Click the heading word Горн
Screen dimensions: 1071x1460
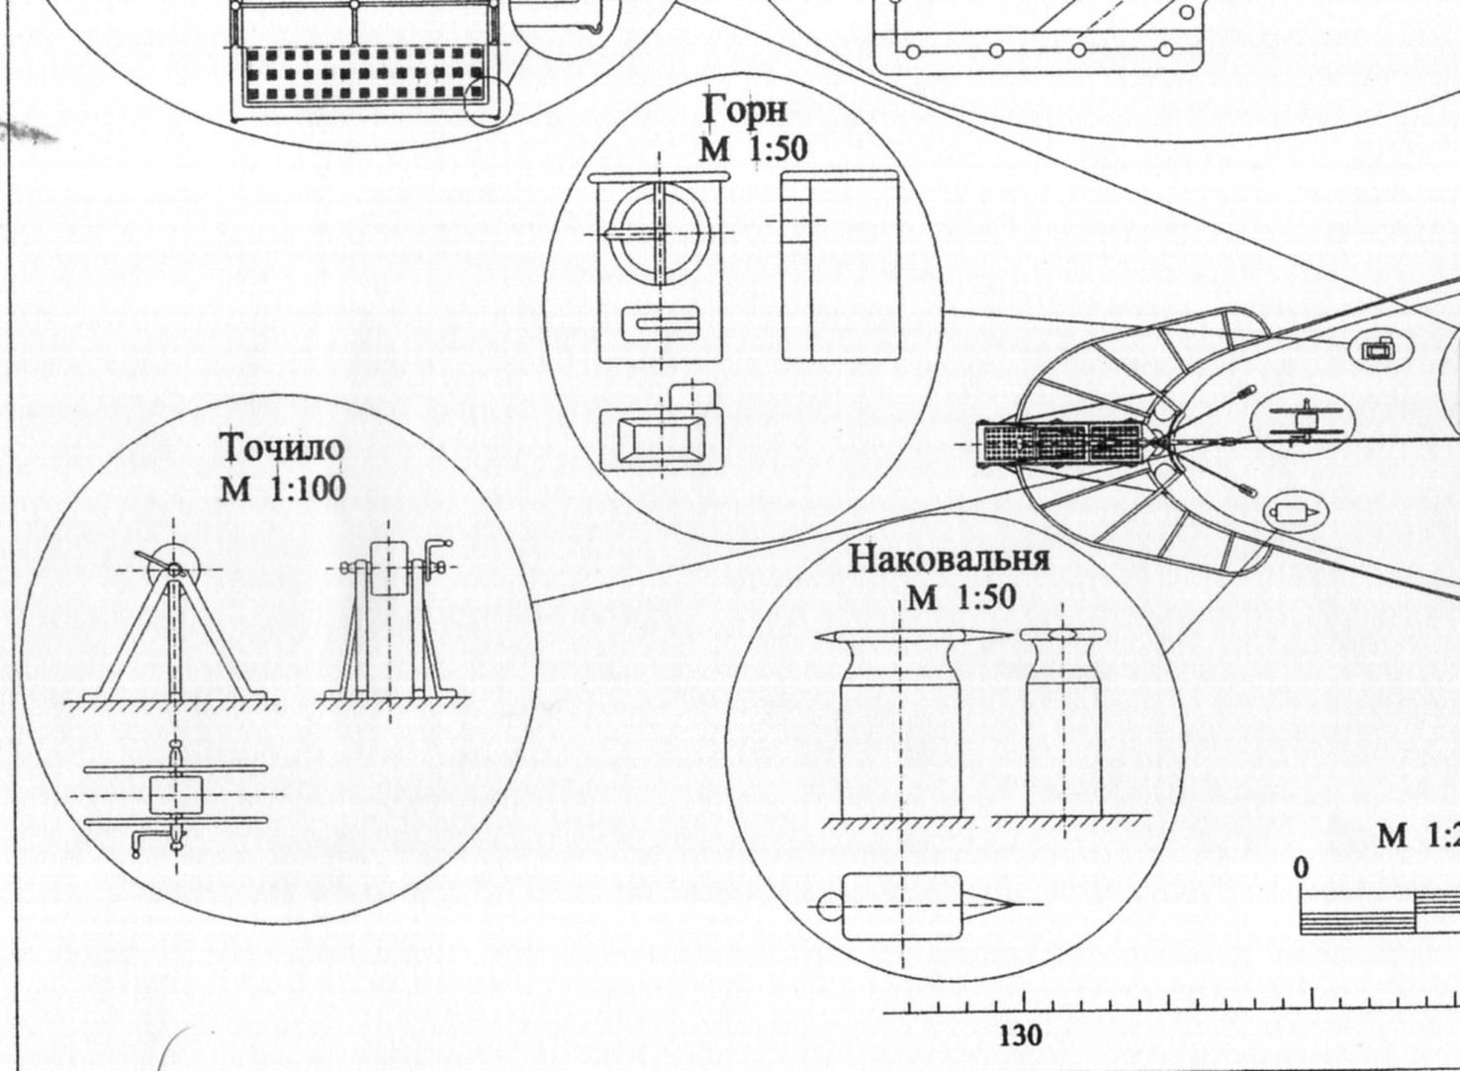coord(745,110)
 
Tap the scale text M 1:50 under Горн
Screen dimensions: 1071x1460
coord(753,148)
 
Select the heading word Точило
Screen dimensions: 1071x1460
coord(282,448)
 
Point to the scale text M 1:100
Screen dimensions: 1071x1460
coord(283,488)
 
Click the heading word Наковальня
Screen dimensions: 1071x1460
coord(949,559)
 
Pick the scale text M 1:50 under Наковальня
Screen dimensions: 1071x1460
coord(960,596)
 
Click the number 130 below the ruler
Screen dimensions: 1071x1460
coord(1020,1035)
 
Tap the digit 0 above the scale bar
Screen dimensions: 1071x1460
coord(1300,867)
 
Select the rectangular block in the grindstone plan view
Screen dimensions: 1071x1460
coord(176,794)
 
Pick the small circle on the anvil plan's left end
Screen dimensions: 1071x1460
coord(830,905)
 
